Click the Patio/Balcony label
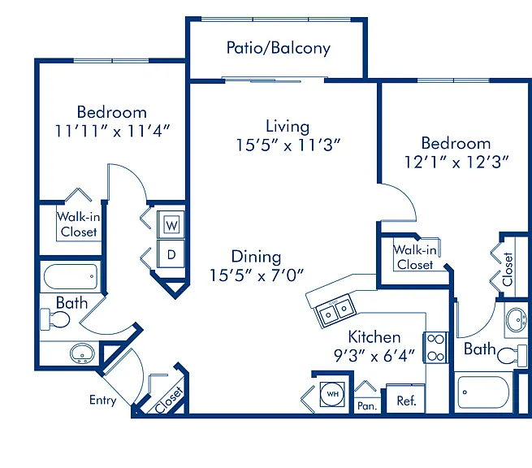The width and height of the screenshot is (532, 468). coord(279,48)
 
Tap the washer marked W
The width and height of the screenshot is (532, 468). coord(171,225)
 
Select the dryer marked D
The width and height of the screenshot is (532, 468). coord(171,253)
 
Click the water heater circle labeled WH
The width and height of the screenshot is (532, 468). coord(332,394)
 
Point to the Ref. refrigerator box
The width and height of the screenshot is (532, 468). coord(406,399)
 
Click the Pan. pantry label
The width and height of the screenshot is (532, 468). coord(367,406)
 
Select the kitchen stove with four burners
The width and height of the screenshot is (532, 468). coord(435,348)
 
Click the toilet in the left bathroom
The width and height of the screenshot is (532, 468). coord(55,319)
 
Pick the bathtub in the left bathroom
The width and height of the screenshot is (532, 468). coord(71,276)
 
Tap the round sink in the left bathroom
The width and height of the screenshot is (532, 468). coord(82,353)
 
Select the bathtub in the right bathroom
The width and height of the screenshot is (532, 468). coord(483,392)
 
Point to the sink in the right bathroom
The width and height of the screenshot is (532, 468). coord(517,319)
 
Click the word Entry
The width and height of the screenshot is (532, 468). coord(103,400)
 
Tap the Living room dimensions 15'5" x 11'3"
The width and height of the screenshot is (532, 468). coord(288,145)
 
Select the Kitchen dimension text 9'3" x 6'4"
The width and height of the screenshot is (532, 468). coord(374,356)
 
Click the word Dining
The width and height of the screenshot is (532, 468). coord(256,257)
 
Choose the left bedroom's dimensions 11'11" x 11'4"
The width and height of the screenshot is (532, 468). coord(112,131)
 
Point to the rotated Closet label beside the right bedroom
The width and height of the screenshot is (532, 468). coord(508,269)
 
